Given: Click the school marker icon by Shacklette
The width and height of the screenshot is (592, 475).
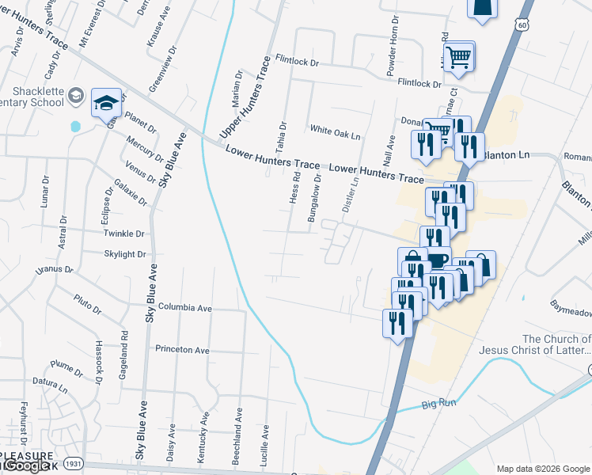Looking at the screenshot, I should coord(106,103).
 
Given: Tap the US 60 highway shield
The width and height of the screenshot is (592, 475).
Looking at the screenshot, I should coord(519,25).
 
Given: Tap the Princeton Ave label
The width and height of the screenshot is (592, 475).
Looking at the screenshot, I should coord(182,349).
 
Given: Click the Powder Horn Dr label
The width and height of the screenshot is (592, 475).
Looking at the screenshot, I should coord(391,46).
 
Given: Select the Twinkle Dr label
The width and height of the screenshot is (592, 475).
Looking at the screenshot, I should coord(124,234).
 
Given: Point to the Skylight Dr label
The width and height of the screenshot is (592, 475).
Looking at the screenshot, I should coord(125,254).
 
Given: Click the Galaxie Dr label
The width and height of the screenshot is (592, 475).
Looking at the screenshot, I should coord(131,192).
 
